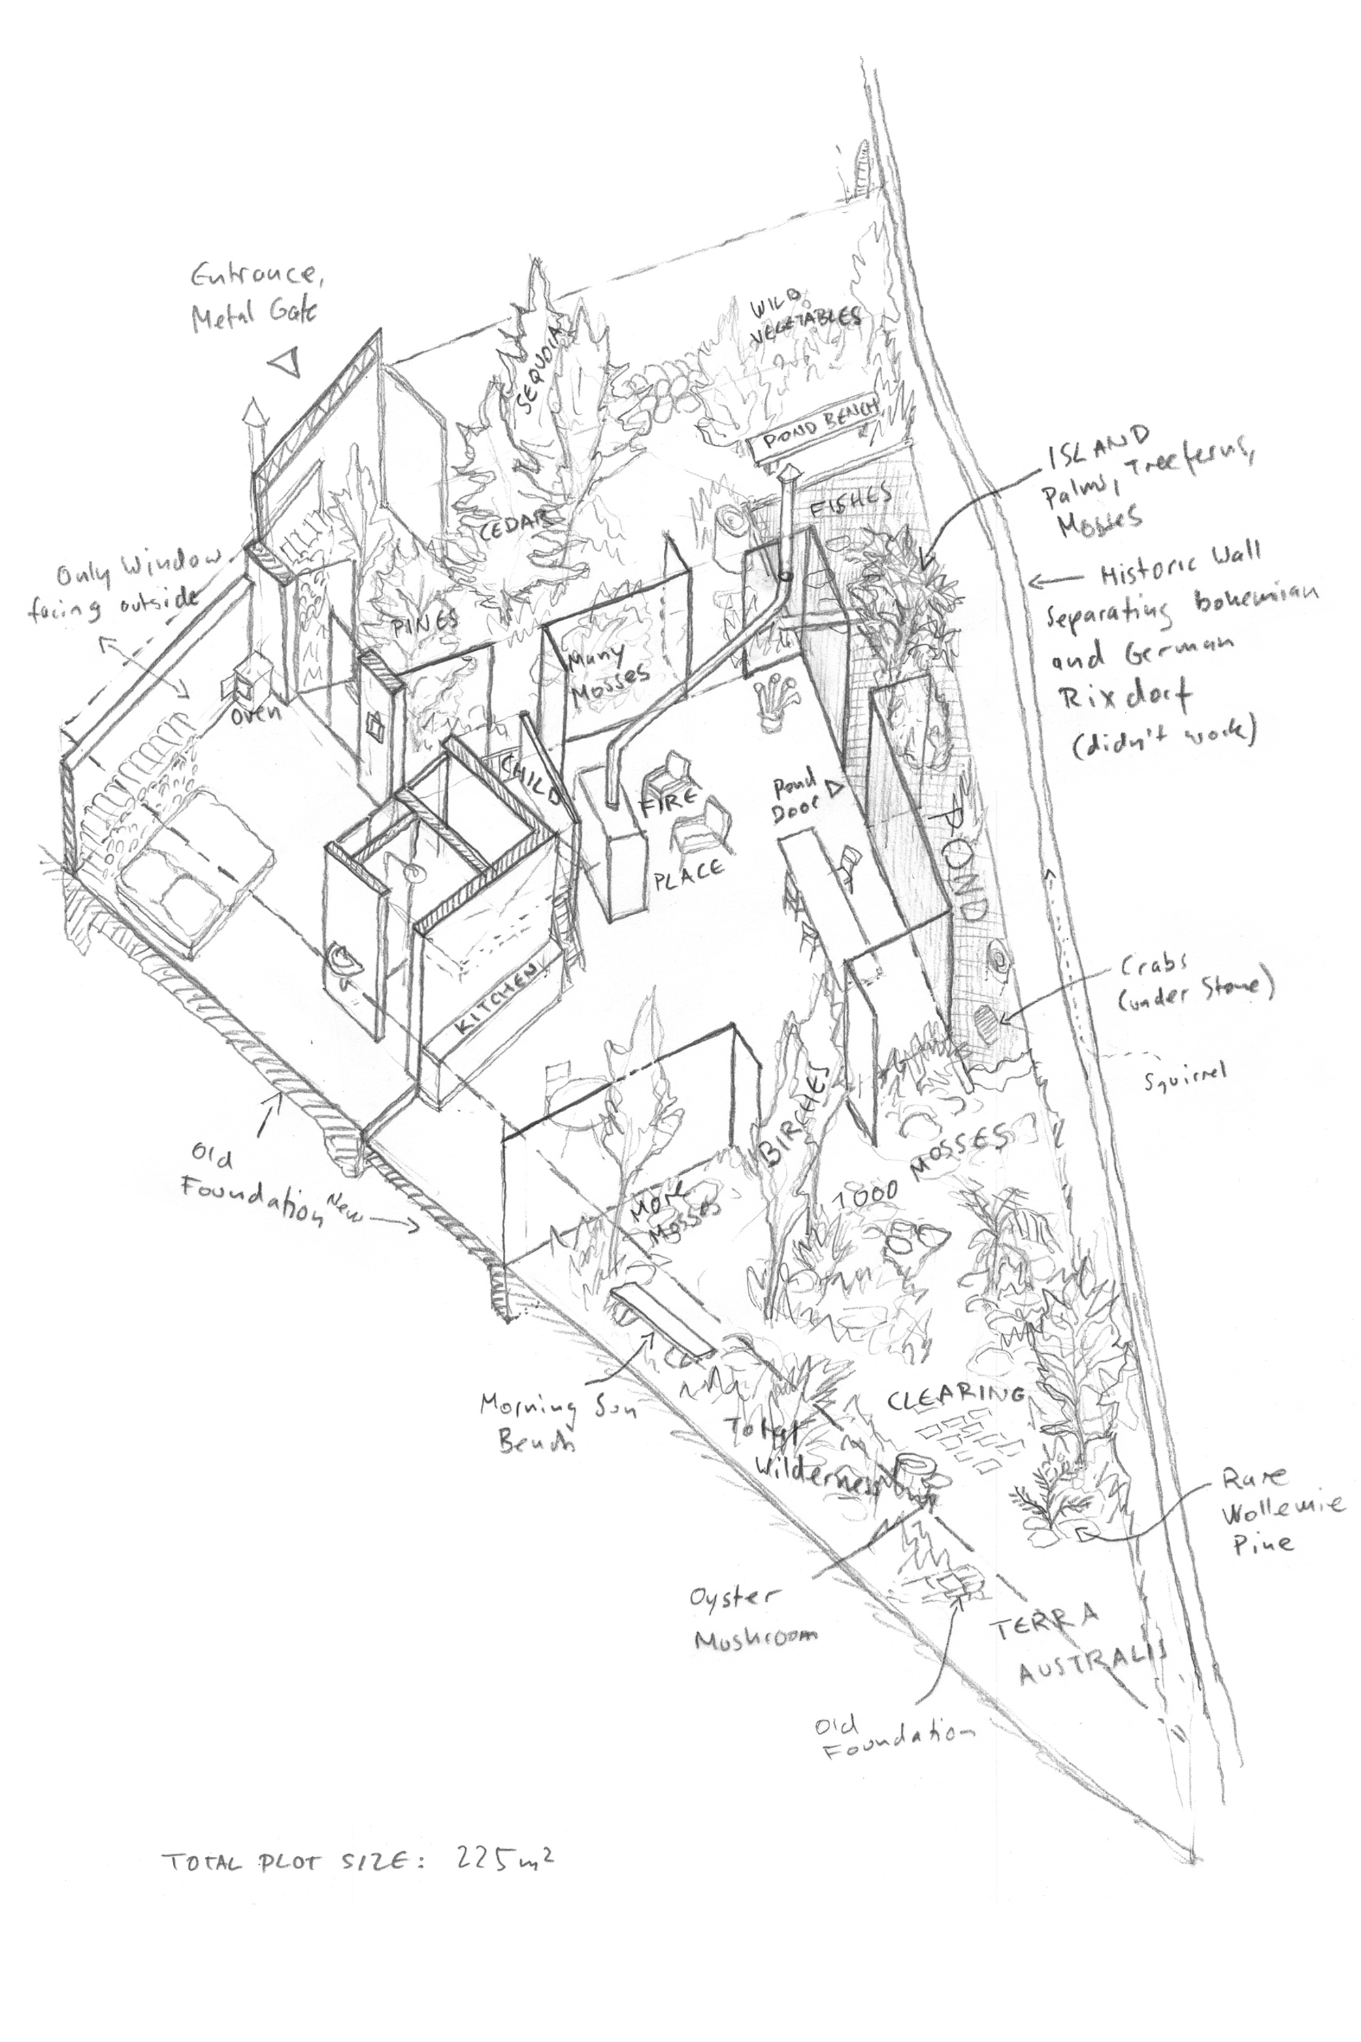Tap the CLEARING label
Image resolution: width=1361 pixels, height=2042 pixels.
click(955, 1398)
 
